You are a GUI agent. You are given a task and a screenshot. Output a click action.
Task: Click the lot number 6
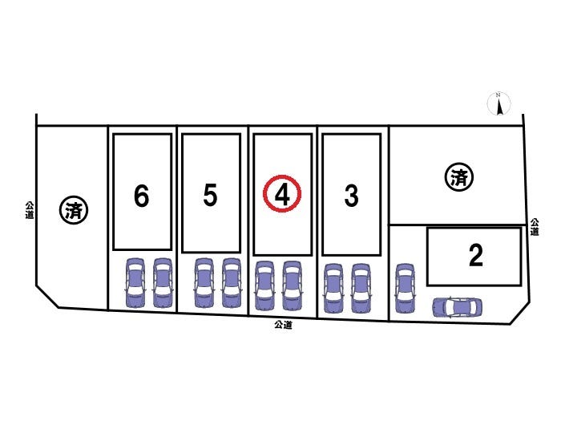pos(141,196)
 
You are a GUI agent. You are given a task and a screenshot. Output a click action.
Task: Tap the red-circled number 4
pos(282,194)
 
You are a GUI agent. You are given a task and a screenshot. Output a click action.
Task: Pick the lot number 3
pos(351,196)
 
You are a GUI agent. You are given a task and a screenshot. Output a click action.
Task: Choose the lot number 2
pos(476,255)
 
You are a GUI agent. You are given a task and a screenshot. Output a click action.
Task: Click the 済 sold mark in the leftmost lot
pos(74,210)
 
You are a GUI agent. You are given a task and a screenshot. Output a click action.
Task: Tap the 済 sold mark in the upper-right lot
pos(459,177)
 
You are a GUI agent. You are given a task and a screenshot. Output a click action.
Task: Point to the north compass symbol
pos(499,103)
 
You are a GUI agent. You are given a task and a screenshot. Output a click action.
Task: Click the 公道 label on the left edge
pos(30,210)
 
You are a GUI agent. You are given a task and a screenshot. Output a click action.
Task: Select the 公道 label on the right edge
pos(535,227)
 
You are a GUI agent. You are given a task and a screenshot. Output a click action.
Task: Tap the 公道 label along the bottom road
pos(283,325)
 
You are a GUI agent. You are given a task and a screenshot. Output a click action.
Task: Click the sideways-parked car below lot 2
pos(458,307)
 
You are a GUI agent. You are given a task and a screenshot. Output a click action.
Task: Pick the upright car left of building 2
pos(405,288)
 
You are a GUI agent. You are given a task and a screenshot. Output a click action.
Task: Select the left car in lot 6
pos(135,282)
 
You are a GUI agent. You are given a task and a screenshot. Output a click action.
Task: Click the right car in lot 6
pos(163,282)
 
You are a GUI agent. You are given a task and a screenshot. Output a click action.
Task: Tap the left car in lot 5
pos(204,283)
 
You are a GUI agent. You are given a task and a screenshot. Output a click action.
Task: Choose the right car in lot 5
pos(232,283)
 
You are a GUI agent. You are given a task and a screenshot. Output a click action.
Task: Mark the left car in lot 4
pos(264,285)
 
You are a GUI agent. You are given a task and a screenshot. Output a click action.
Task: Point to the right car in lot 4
pos(292,285)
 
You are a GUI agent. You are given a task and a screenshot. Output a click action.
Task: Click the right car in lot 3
pos(361,289)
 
